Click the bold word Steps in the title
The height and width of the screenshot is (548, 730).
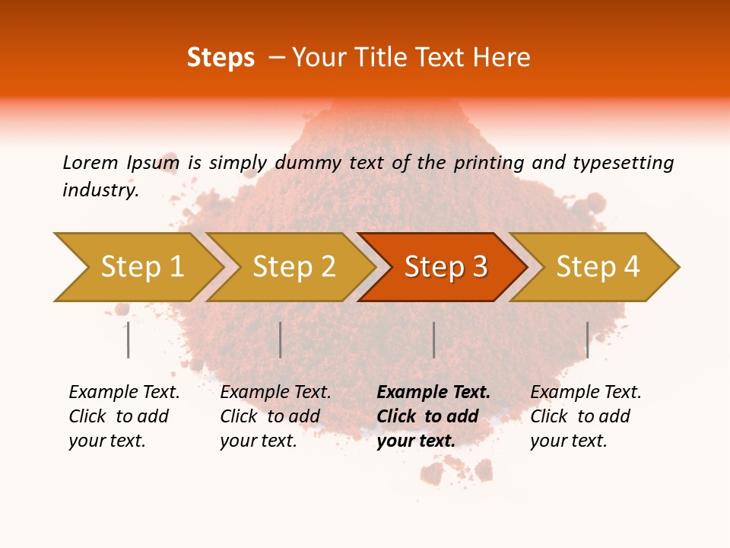[221, 58]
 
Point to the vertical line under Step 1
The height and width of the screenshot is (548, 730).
[129, 339]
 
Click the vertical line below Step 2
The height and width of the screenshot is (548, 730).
[281, 339]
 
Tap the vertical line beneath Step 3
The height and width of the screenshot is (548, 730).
[433, 339]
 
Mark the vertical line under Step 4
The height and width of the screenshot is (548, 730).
[587, 339]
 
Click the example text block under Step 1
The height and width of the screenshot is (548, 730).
[123, 416]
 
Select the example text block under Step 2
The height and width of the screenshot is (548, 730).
[275, 416]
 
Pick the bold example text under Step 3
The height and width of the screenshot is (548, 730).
[433, 416]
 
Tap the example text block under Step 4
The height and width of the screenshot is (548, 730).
[585, 416]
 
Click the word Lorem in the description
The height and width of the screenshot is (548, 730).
[90, 162]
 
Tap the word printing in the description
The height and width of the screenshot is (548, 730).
[489, 162]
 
